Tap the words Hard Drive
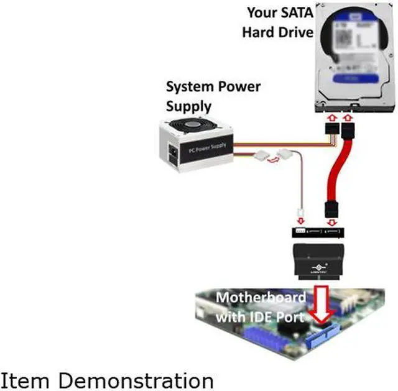277,31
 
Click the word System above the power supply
187,86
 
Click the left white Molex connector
262,154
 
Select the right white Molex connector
287,154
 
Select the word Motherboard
261,297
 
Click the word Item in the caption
25,379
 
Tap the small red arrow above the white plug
301,221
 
